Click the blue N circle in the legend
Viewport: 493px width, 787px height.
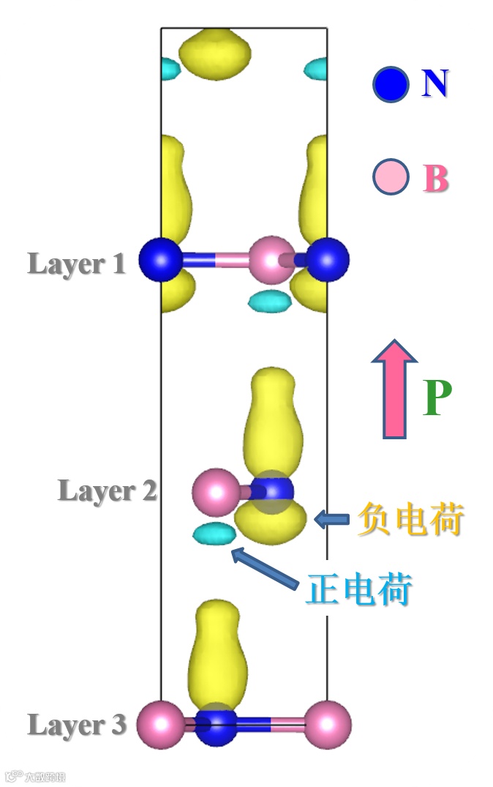(x=391, y=85)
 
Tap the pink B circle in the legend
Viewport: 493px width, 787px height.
(x=391, y=178)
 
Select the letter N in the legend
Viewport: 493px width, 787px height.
(x=435, y=84)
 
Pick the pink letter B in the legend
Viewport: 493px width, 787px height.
(x=436, y=179)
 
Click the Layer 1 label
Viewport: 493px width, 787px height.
(x=76, y=264)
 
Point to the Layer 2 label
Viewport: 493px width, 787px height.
(x=107, y=491)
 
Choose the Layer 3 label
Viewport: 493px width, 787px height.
(x=76, y=726)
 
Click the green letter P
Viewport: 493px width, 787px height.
(x=437, y=399)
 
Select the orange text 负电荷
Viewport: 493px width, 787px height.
(x=411, y=521)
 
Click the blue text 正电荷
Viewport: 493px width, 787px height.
(x=358, y=589)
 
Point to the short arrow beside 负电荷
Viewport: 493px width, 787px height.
(x=331, y=520)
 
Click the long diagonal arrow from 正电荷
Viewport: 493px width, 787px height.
(x=265, y=568)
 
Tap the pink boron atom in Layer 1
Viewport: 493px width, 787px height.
(x=271, y=260)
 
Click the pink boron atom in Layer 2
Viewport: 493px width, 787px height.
(x=215, y=493)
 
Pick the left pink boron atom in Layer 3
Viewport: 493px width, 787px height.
(x=160, y=723)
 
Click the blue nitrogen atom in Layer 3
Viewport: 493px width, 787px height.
(x=217, y=725)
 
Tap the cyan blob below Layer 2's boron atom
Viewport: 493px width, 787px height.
(x=212, y=534)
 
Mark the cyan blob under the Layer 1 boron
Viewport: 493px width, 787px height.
(x=269, y=299)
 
